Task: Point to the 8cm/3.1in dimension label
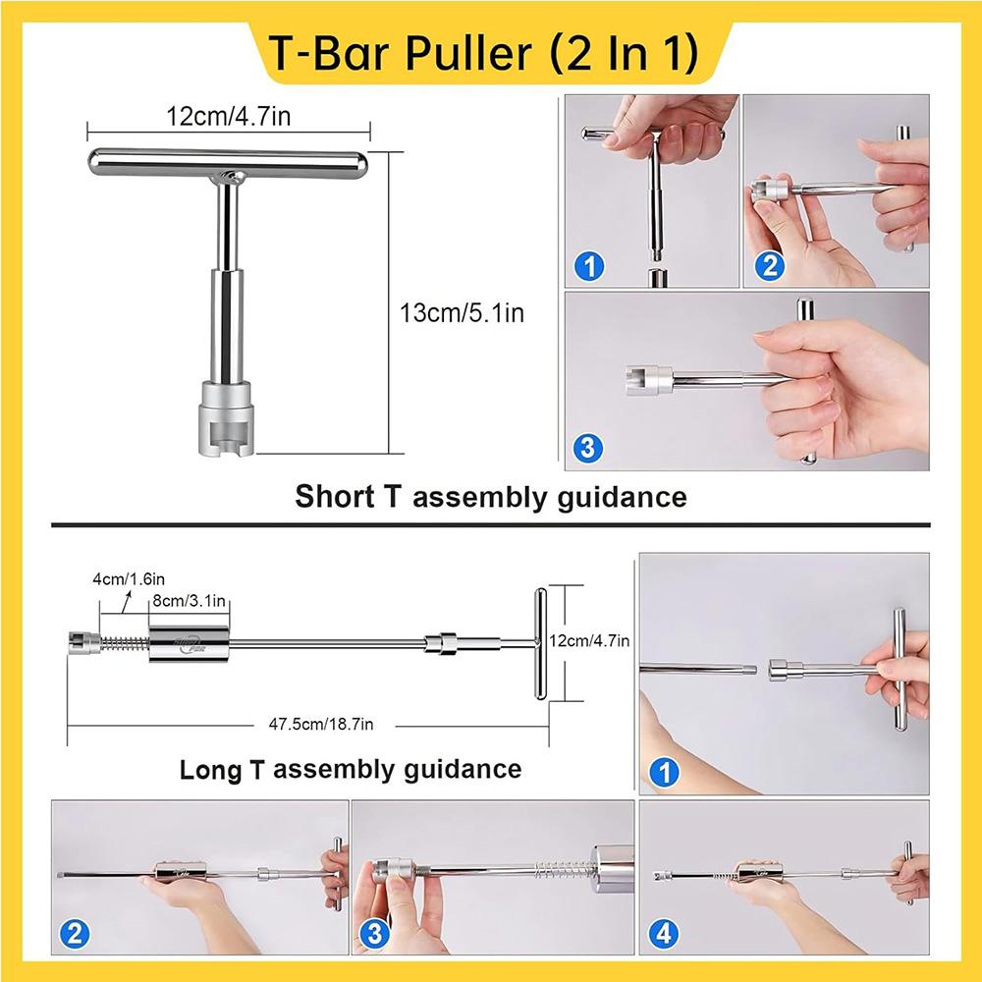(x=190, y=600)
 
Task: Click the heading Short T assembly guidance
(x=490, y=497)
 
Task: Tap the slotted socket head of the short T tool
(x=228, y=417)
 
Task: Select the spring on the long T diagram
(x=124, y=645)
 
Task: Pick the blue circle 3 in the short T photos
(x=586, y=449)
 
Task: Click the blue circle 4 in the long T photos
(x=664, y=934)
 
